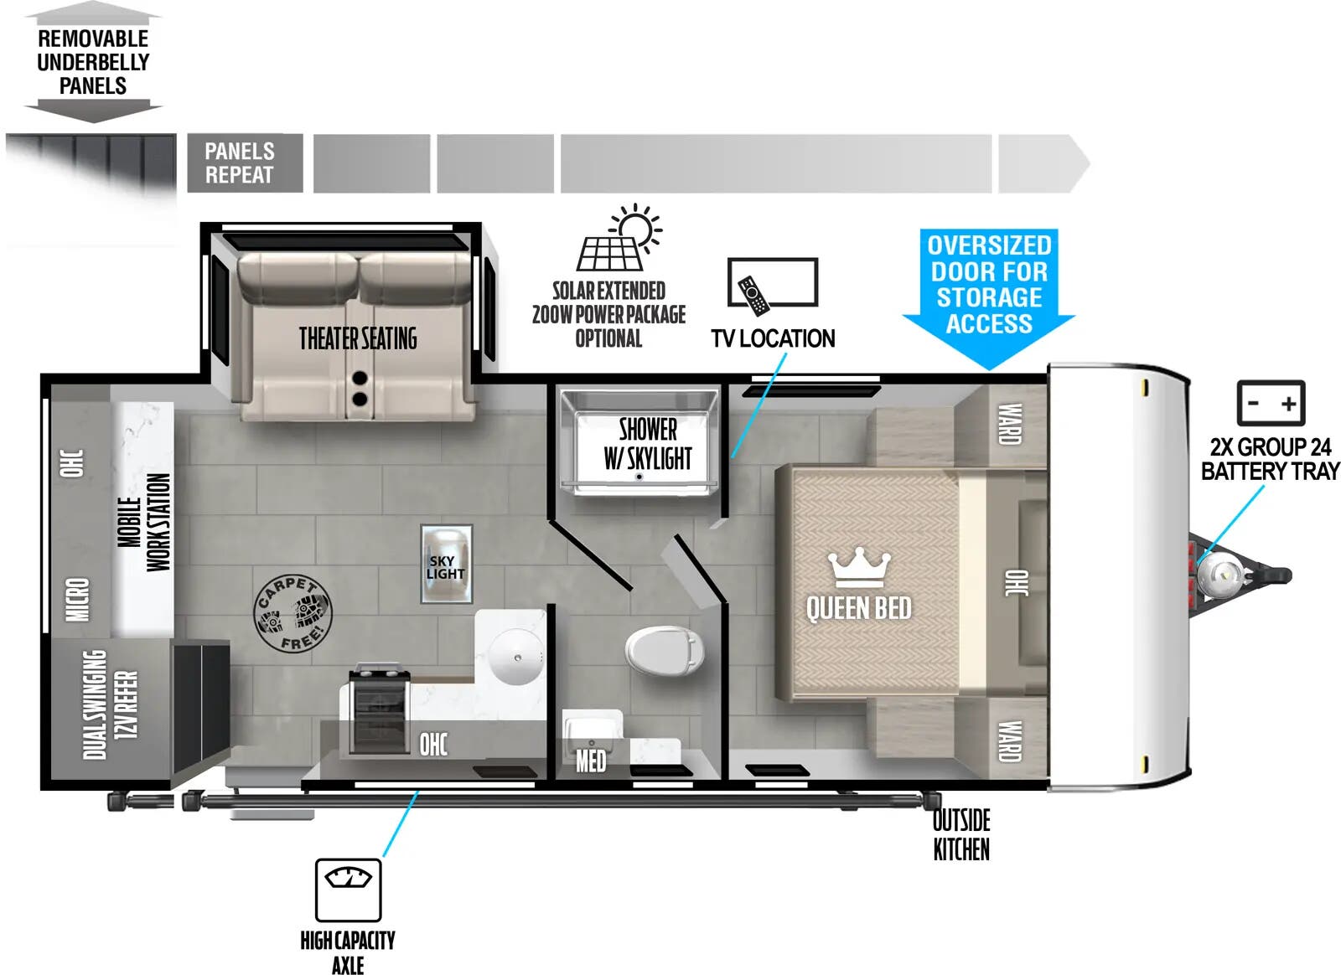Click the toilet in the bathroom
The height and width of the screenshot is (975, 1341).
[664, 651]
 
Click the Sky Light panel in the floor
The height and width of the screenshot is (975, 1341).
[446, 564]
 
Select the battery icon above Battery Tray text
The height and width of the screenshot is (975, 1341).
[1271, 403]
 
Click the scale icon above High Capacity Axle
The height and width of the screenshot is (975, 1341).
[348, 889]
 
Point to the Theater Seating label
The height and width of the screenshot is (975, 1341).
[358, 339]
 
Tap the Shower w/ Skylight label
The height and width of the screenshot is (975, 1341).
[647, 444]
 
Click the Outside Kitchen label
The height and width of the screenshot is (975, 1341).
[961, 834]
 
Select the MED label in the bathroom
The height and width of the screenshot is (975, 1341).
[590, 761]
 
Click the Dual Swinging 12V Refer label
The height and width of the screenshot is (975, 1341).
[110, 704]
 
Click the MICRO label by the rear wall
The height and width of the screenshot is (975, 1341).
[77, 600]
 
